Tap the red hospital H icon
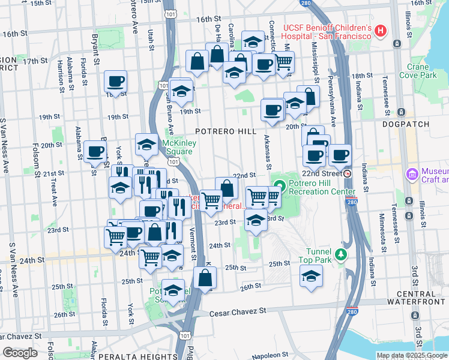click(379, 31)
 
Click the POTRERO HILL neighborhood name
click(225, 131)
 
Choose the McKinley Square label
click(178, 147)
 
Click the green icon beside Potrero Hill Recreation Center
click(279, 184)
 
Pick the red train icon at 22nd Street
click(348, 173)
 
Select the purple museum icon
click(412, 174)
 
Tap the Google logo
click(20, 353)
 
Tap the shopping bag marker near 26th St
click(205, 277)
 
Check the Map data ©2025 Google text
click(412, 355)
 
